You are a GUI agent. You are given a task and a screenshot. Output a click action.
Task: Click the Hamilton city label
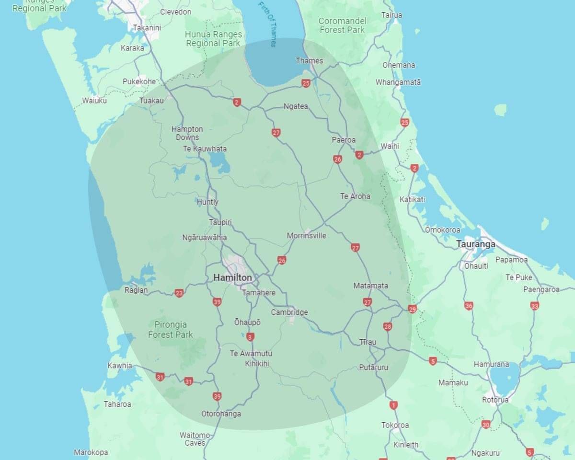(232, 278)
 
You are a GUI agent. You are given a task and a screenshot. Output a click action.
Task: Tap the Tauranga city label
(476, 244)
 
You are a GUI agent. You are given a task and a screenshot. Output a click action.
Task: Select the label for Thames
(309, 61)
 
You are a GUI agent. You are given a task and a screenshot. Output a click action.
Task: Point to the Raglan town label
(137, 290)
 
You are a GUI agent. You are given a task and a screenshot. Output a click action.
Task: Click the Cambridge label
(289, 312)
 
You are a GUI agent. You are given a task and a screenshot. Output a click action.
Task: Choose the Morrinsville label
(306, 236)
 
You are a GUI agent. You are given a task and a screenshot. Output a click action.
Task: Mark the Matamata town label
(370, 286)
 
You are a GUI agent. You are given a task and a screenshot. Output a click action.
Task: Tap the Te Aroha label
(355, 196)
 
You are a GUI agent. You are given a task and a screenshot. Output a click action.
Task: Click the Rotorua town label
(495, 400)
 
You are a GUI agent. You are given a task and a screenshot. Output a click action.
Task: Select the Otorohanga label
(221, 414)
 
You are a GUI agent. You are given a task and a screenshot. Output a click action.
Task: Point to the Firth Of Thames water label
(267, 24)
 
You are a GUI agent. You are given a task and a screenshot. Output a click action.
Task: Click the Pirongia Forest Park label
(170, 330)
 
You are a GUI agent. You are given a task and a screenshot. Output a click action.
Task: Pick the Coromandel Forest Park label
(342, 25)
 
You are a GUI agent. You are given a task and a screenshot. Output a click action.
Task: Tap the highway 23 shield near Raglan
(179, 293)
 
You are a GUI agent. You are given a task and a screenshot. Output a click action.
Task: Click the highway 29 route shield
(413, 309)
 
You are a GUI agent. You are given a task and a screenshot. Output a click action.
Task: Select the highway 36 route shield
(469, 306)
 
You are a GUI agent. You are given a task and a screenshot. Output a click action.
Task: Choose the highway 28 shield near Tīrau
(388, 327)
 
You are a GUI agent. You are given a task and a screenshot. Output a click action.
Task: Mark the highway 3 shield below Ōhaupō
(251, 337)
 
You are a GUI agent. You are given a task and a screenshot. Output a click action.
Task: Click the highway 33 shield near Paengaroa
(535, 306)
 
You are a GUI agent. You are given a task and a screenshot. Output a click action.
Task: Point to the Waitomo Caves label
(195, 439)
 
